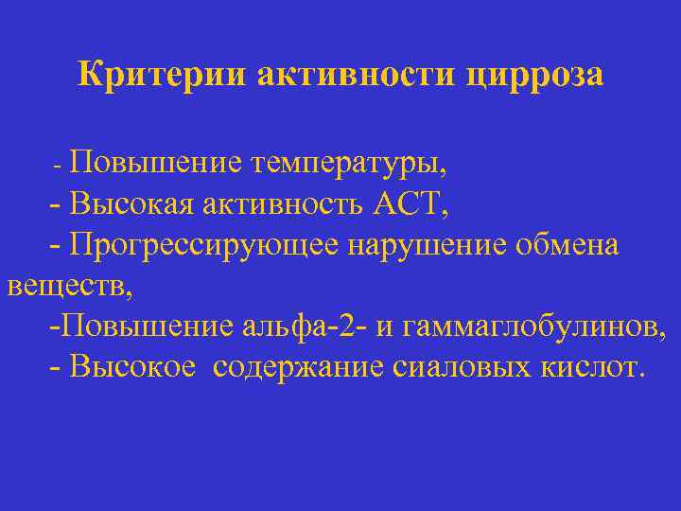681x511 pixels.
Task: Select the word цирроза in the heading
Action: point(534,74)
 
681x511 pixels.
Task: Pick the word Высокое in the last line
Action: point(137,367)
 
